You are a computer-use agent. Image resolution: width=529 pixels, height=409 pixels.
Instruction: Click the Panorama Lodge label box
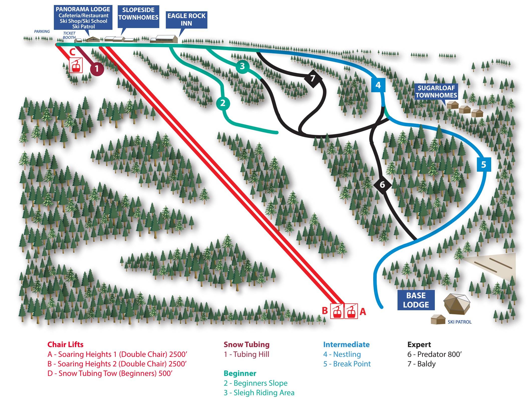tap(83, 18)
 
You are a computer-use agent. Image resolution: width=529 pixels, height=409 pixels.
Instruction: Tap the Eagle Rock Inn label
tap(186, 20)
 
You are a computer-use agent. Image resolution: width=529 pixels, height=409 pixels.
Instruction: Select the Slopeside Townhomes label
tap(138, 14)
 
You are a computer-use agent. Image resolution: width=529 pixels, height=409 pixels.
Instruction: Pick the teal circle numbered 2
tap(223, 103)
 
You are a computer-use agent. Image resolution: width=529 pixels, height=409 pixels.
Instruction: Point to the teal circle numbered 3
tap(242, 66)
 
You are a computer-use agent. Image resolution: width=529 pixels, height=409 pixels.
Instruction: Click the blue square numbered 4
tap(378, 85)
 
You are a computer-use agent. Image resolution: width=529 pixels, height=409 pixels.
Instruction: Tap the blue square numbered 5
tap(483, 165)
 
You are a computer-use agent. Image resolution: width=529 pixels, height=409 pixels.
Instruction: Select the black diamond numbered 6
tap(382, 185)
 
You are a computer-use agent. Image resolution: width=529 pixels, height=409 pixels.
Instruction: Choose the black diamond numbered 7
tap(313, 78)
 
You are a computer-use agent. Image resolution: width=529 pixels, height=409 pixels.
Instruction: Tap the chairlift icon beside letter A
tap(351, 311)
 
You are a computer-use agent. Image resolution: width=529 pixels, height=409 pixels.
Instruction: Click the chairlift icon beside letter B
tap(337, 311)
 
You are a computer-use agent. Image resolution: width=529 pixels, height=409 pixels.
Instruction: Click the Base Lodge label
tap(416, 300)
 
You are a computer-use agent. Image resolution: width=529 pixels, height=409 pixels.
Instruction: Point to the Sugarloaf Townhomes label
tap(436, 92)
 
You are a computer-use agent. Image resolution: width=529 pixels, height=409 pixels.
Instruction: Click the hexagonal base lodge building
tap(457, 304)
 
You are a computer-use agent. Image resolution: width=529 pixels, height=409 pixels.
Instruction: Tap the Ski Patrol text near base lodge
tap(459, 322)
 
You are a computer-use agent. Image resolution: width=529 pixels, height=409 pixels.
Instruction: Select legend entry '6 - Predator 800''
tap(434, 354)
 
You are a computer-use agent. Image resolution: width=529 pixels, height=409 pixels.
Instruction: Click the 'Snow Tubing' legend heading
tap(246, 344)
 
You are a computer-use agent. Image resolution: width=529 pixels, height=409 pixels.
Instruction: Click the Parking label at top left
tap(42, 32)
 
